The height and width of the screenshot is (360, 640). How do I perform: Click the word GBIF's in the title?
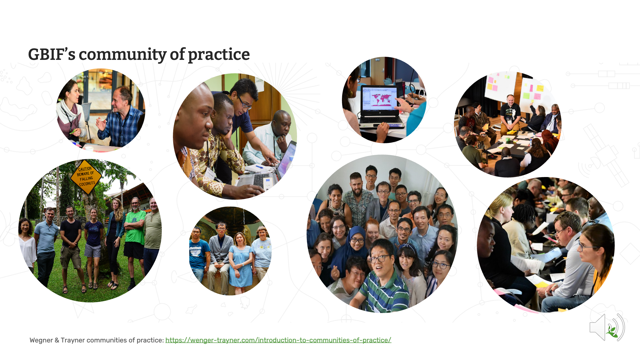tap(52, 54)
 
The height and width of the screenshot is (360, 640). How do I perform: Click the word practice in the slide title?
tap(219, 55)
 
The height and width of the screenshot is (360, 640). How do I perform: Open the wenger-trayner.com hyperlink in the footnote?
tap(278, 340)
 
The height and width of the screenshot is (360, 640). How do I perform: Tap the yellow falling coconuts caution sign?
tap(86, 177)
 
